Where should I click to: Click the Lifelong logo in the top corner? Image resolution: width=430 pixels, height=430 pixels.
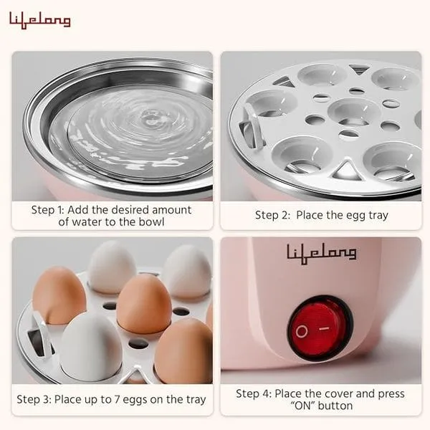point(39,20)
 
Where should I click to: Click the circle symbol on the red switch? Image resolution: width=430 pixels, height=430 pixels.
point(302,331)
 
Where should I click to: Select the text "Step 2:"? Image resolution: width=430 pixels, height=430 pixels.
point(272,215)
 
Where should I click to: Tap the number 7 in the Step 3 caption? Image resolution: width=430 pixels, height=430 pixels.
point(117,400)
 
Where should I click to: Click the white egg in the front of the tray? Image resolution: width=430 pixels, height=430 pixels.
point(90,345)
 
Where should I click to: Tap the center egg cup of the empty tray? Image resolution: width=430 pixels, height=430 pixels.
point(354,111)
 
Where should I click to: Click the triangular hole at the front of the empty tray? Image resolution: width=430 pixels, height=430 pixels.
point(346,169)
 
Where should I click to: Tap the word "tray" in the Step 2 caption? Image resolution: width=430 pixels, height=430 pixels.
point(378,216)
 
